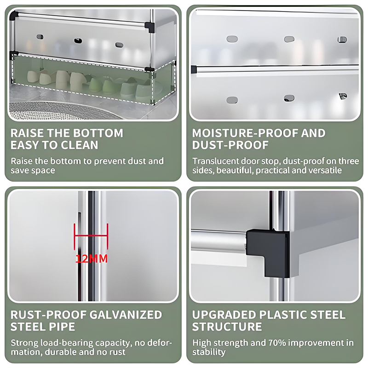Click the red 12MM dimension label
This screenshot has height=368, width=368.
click(x=92, y=259)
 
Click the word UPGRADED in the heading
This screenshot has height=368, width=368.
click(x=224, y=315)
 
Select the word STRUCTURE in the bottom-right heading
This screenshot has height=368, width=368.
click(x=227, y=327)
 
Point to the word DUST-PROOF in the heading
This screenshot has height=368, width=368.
click(x=230, y=145)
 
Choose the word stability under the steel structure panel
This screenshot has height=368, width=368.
click(x=209, y=352)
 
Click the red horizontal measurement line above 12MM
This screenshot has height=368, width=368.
click(x=91, y=236)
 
